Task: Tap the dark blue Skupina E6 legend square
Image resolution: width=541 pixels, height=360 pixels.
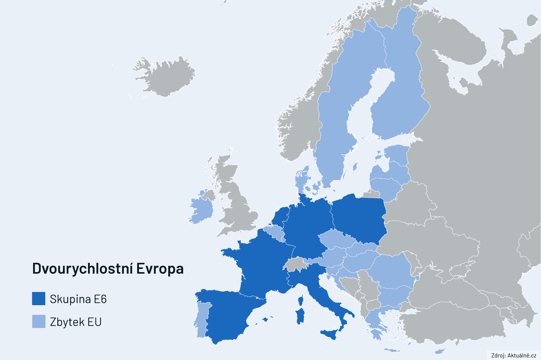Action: [39, 298]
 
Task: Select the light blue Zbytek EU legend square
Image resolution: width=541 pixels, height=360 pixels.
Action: [39, 321]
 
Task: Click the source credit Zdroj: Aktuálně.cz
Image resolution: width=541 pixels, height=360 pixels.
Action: [514, 355]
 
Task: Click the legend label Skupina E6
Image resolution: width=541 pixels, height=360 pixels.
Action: [78, 298]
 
